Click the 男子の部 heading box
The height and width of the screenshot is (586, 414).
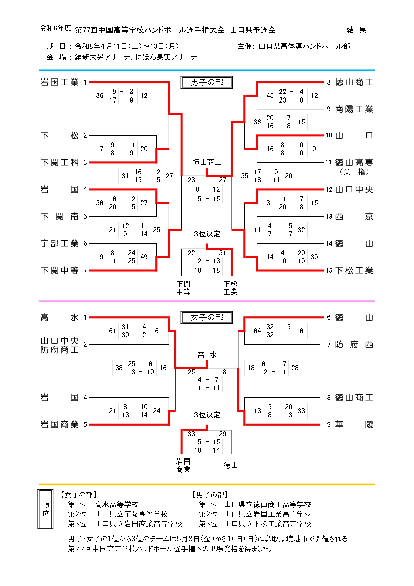click(207, 82)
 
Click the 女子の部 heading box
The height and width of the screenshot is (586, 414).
click(207, 317)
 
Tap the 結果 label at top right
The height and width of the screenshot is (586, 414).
click(356, 30)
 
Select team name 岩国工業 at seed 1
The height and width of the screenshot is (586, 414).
click(59, 82)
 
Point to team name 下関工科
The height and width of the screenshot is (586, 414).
click(59, 163)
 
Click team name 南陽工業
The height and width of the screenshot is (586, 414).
click(354, 109)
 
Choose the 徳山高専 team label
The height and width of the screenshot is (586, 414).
click(354, 163)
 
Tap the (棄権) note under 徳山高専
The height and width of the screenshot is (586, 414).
click(354, 172)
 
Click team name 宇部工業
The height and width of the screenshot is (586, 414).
click(59, 244)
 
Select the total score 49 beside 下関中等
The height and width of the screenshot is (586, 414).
click(144, 257)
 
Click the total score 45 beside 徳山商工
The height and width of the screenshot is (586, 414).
click(270, 96)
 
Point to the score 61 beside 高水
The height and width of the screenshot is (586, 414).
click(112, 331)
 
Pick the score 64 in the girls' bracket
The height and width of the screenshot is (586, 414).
click(257, 331)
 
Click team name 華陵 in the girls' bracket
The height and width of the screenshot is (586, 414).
click(354, 425)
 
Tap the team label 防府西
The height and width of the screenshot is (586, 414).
click(354, 345)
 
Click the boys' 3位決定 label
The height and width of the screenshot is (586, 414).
click(207, 234)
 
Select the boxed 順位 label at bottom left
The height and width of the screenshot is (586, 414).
click(46, 509)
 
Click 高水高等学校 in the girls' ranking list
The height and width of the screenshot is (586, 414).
click(117, 504)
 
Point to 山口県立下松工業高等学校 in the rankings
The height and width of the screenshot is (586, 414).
click(267, 524)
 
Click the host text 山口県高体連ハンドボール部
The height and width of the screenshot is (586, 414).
click(304, 46)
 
